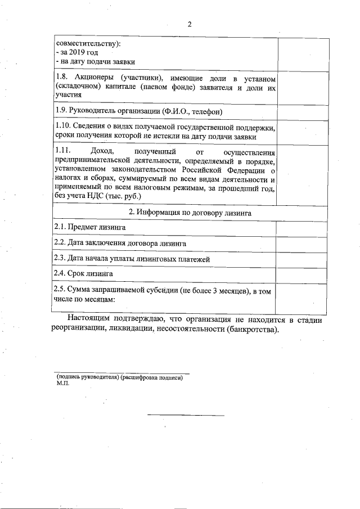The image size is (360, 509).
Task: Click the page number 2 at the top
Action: click(x=190, y=24)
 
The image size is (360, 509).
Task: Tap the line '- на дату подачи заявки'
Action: click(x=95, y=61)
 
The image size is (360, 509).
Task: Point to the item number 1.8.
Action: click(x=62, y=77)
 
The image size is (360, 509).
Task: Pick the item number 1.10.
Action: click(x=64, y=128)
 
